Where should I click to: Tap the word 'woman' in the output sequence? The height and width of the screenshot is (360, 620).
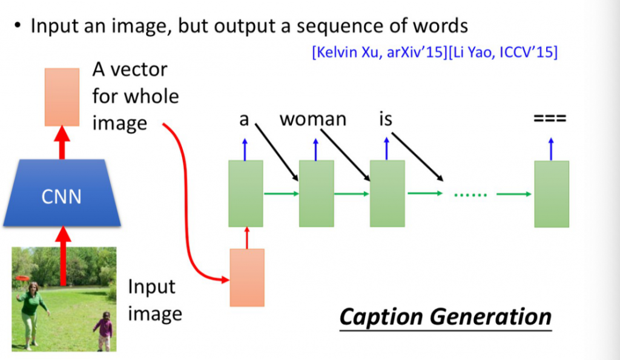(x=312, y=119)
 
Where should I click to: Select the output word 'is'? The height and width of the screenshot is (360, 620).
(x=386, y=119)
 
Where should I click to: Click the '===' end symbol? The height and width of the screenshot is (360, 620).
(x=550, y=119)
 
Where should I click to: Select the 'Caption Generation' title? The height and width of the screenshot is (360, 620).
(x=445, y=317)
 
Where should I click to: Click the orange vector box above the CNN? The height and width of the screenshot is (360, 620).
(x=62, y=97)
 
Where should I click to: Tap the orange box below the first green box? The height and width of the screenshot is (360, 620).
(x=247, y=277)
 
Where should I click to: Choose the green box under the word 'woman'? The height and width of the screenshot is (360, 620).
(x=317, y=194)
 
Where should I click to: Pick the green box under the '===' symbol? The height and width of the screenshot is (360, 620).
(x=552, y=194)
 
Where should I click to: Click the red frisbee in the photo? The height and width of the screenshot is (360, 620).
(x=22, y=278)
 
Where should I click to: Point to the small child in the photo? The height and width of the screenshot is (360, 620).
(x=105, y=330)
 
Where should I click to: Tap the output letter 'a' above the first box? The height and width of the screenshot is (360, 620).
(x=244, y=120)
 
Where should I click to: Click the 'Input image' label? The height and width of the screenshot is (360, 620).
(x=154, y=300)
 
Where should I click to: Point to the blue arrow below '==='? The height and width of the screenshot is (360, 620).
(x=551, y=149)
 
